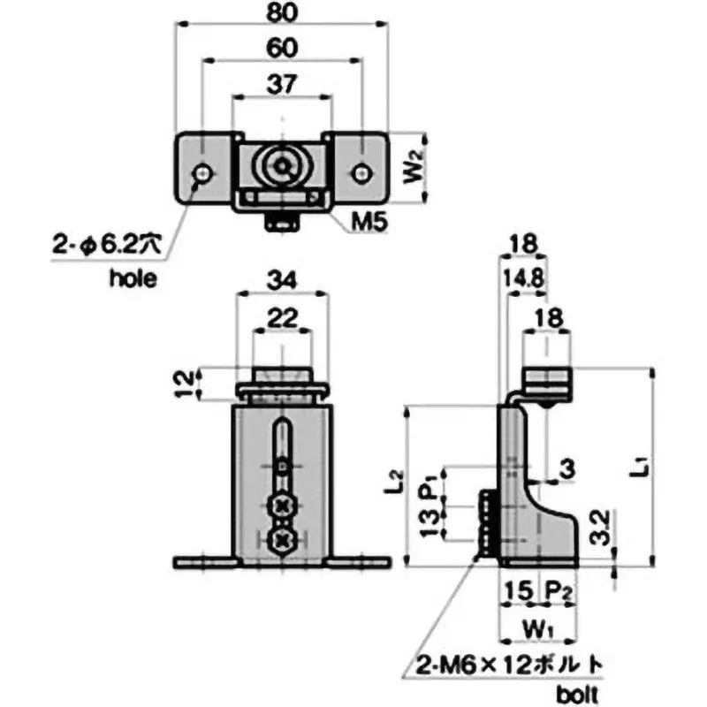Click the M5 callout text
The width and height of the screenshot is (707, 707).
tap(360, 223)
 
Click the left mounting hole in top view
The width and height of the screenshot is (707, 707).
tap(204, 172)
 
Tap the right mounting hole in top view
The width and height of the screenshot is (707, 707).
tap(361, 172)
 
